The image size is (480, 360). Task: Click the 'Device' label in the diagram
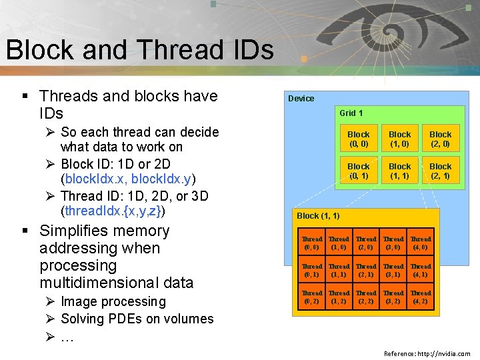pos(301,99)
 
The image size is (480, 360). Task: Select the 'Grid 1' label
pos(351,113)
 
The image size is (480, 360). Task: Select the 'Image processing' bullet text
pos(113,302)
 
